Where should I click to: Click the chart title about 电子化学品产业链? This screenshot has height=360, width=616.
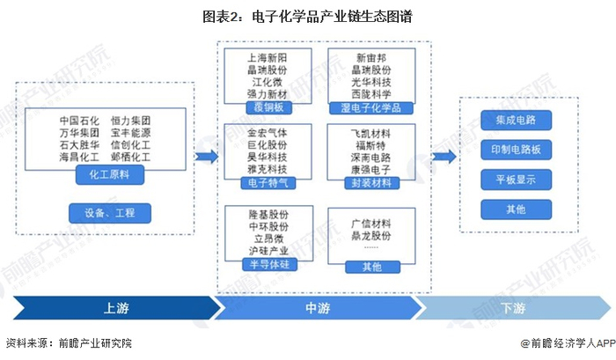307,16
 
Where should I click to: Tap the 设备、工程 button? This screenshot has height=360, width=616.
109,212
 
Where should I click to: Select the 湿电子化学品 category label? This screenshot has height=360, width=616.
370,107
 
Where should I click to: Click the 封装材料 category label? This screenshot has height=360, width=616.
370,183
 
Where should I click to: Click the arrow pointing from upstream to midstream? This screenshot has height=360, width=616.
206,157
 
